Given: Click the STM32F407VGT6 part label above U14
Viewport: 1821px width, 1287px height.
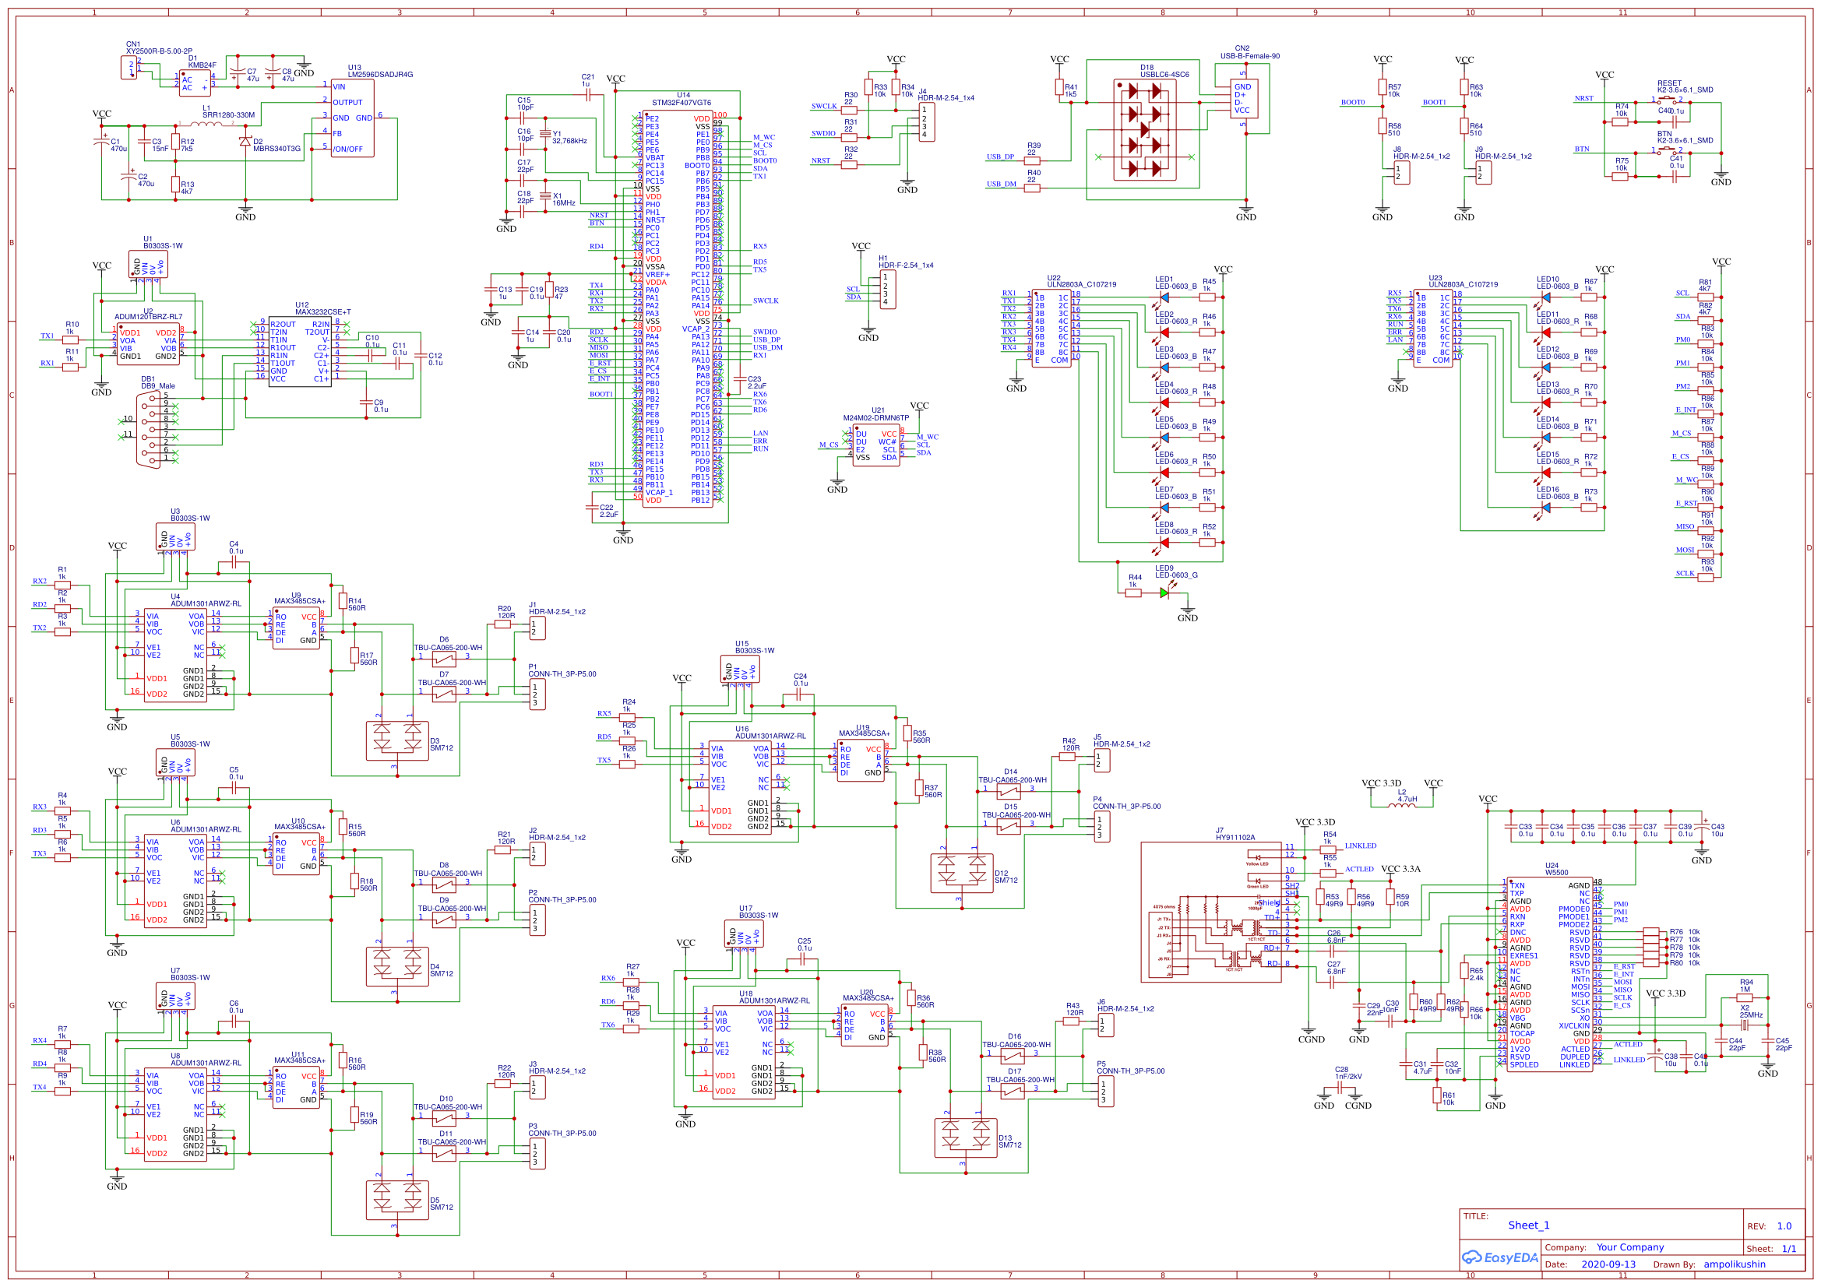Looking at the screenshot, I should pos(682,102).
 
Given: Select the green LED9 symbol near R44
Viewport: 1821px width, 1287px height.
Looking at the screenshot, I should pos(1164,593).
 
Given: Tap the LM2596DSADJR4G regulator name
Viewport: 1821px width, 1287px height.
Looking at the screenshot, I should pos(380,75).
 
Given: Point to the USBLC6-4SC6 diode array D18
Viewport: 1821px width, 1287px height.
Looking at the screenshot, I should pos(1143,130).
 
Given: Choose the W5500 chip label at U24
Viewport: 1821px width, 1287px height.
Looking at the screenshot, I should pos(1556,872).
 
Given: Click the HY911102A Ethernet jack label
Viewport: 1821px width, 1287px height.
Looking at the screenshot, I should pos(1235,838).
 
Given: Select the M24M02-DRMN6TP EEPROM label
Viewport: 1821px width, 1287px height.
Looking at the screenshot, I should pos(875,418).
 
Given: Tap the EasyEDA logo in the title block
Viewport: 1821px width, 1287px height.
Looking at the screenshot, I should pos(1500,1257).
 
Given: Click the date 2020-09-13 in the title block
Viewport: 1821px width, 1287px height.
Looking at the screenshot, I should pos(1608,1264).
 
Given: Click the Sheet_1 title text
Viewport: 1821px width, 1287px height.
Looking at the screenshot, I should pos(1528,1225).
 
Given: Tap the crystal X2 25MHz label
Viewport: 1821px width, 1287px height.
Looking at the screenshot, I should pos(1751,1015).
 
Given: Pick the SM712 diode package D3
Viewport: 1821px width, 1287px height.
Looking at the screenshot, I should pos(396,740).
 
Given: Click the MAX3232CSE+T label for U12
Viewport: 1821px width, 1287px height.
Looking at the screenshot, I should pos(322,311).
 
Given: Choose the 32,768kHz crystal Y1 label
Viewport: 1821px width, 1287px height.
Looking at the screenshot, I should pos(569,141).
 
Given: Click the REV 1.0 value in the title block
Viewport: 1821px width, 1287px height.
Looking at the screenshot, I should pos(1784,1226).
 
